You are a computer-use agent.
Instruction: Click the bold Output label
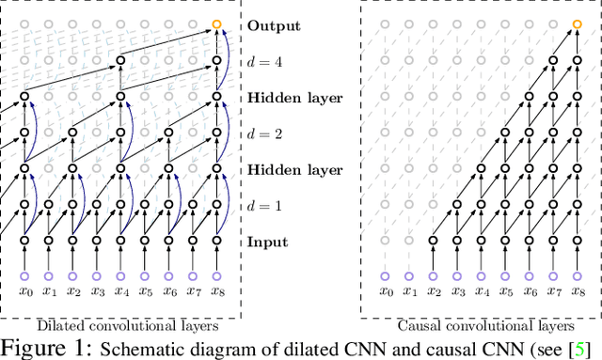(x=275, y=25)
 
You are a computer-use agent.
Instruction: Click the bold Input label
(x=268, y=242)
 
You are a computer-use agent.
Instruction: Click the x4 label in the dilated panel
(x=121, y=292)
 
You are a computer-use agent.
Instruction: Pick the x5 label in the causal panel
(x=505, y=292)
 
